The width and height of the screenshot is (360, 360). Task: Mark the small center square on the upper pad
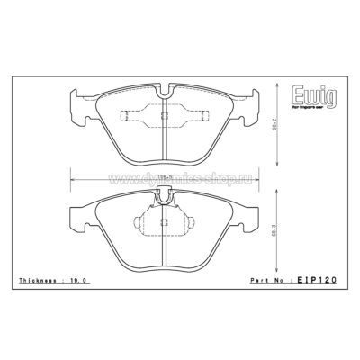[x=163, y=118]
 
